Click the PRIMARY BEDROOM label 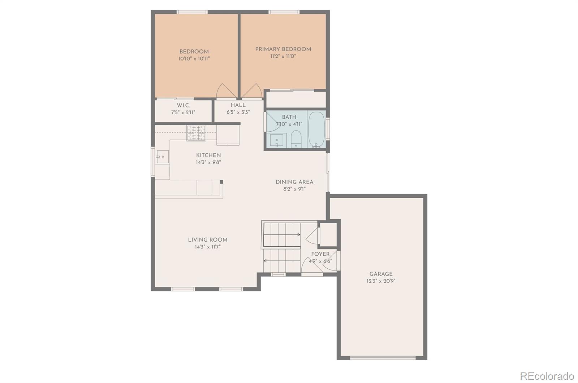(283, 49)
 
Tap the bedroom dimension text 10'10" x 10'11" (194, 58)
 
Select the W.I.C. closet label (183, 105)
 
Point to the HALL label (238, 105)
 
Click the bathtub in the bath (317, 129)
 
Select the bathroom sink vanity (277, 140)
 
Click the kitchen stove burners (196, 132)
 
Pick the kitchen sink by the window (163, 157)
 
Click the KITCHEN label (208, 155)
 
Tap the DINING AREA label (294, 182)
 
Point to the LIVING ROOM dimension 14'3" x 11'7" (208, 247)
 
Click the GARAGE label (381, 274)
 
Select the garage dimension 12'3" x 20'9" (381, 281)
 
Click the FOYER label (320, 254)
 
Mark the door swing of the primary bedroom (252, 91)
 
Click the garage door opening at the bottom (383, 358)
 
